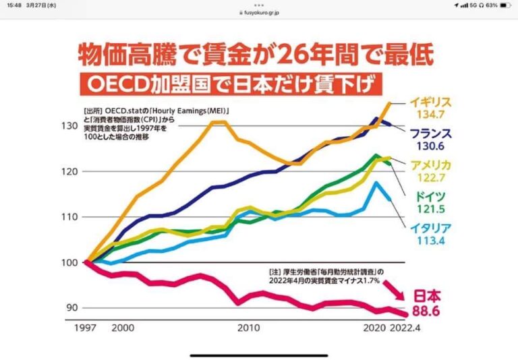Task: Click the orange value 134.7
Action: (x=427, y=115)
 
